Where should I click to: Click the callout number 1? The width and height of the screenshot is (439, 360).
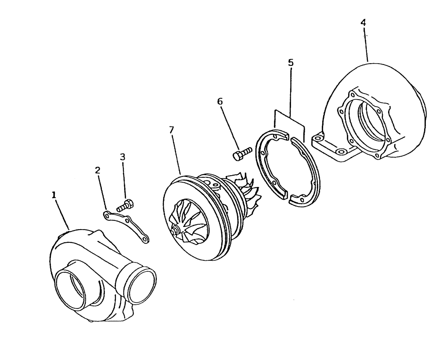point(54,195)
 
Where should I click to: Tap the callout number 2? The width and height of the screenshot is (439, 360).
point(98,170)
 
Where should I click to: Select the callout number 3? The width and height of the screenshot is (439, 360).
point(122,157)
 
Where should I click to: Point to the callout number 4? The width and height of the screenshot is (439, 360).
point(363,22)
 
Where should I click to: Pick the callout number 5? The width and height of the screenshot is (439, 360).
point(291,63)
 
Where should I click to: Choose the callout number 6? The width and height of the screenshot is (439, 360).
point(220,101)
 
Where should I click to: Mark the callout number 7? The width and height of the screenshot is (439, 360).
point(171,130)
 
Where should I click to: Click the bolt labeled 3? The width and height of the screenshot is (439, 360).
point(126,205)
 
